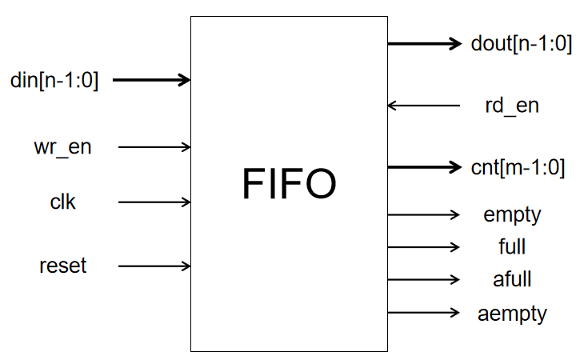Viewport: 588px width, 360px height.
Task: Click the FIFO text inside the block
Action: [289, 185]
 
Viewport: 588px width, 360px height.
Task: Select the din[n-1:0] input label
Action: [54, 80]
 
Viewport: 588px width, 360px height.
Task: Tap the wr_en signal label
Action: [62, 147]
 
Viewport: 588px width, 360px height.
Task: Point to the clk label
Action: [62, 202]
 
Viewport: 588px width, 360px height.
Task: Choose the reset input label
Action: [62, 266]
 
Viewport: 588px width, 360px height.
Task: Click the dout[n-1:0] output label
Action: [522, 44]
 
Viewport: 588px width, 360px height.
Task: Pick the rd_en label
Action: [512, 105]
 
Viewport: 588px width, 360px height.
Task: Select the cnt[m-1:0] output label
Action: [518, 167]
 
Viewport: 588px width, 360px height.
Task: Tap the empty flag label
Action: [513, 214]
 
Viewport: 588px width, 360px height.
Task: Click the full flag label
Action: [512, 246]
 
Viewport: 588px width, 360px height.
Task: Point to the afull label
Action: [512, 279]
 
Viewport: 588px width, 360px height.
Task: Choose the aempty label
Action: [512, 312]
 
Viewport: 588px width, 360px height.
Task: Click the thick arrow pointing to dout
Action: [425, 43]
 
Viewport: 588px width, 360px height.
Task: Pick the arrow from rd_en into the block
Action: [425, 105]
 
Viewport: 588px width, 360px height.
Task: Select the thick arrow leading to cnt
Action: [425, 167]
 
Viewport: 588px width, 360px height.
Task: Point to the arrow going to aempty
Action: [425, 312]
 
